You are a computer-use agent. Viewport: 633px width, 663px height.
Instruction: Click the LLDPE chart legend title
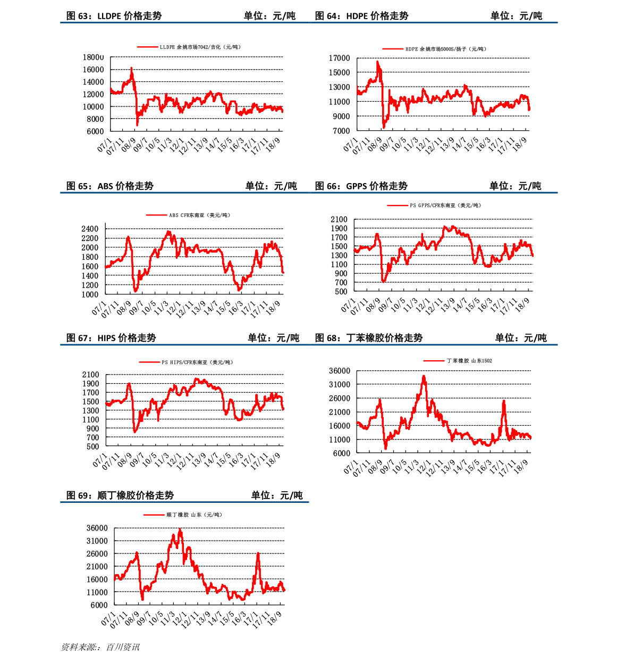(200, 47)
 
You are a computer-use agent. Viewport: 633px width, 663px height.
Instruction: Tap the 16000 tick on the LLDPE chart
(93, 70)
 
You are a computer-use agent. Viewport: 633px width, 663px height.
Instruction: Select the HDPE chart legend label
(446, 49)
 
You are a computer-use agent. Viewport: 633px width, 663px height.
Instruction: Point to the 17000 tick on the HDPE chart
(339, 58)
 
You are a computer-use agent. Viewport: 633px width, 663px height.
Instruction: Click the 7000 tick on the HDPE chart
(341, 131)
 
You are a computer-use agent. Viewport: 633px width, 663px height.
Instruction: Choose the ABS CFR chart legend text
(199, 216)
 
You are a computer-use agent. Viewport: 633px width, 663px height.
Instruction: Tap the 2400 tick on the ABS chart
(90, 229)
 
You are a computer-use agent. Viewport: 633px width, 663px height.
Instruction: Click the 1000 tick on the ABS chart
(90, 294)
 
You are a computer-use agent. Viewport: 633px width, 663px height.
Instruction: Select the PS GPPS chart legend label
(445, 205)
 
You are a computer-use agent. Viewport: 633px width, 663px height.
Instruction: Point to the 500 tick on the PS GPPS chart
(341, 292)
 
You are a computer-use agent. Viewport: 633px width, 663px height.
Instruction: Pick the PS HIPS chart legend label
(197, 362)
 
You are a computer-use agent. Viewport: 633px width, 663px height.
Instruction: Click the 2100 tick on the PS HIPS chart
(90, 375)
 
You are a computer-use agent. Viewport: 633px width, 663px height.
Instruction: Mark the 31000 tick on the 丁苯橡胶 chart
(340, 385)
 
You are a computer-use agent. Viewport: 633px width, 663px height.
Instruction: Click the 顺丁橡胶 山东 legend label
(194, 515)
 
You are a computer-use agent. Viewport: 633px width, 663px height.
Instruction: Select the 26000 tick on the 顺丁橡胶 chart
(97, 554)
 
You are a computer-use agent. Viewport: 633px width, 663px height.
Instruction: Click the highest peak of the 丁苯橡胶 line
(424, 376)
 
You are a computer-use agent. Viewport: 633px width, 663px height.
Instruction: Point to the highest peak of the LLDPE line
(131, 68)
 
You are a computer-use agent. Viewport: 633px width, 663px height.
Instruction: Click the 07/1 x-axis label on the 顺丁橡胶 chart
(108, 619)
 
